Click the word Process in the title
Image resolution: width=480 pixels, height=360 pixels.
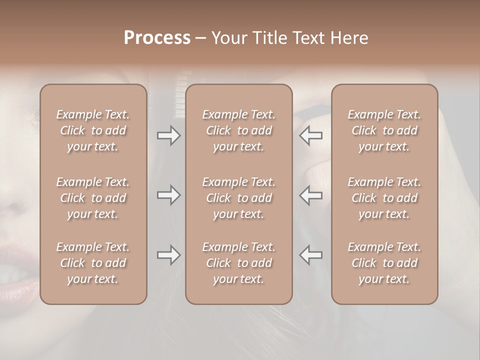tap(157, 37)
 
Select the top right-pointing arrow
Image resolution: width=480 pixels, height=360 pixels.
tap(168, 135)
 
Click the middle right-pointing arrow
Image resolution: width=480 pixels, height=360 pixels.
tap(168, 195)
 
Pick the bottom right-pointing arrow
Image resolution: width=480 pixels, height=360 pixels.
tap(168, 255)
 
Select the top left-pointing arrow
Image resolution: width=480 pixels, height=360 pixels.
tap(311, 135)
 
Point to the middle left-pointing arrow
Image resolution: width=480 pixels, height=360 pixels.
tap(311, 195)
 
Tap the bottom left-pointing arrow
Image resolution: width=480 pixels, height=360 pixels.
tap(311, 255)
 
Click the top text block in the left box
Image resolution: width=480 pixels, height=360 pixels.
tap(93, 130)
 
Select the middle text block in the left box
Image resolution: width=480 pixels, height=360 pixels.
tap(93, 198)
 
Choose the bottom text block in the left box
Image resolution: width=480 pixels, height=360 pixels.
tap(93, 263)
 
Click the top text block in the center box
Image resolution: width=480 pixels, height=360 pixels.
tap(238, 130)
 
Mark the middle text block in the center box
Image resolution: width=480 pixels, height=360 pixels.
tap(238, 198)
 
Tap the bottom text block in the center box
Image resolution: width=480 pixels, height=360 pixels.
tap(238, 263)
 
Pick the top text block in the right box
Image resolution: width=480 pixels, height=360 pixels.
tap(384, 130)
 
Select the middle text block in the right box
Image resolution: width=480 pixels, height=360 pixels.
tap(384, 198)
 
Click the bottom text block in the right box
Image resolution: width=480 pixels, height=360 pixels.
tap(384, 263)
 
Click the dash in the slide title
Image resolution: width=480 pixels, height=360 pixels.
tap(201, 38)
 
